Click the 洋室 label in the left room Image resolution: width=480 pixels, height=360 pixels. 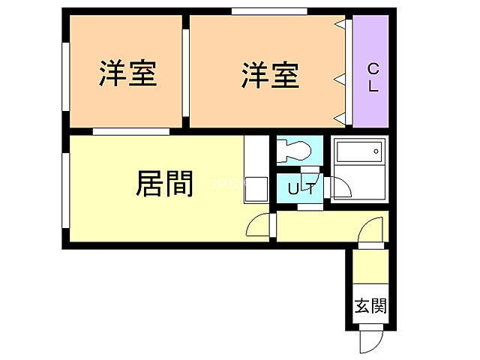[x=128, y=75]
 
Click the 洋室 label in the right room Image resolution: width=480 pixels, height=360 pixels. [x=270, y=75]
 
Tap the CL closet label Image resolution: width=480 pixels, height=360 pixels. [x=373, y=77]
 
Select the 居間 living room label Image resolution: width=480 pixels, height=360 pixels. [x=164, y=183]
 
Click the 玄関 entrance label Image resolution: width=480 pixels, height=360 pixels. [x=370, y=306]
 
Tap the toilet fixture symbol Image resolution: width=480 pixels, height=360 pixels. [x=295, y=150]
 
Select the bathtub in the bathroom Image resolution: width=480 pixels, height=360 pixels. [x=358, y=156]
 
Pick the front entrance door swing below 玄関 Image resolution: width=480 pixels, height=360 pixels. [x=371, y=340]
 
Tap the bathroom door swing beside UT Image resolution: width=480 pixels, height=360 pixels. [x=337, y=187]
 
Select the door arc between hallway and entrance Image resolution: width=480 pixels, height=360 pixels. [x=372, y=229]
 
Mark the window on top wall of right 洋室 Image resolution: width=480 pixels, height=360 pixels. [x=269, y=10]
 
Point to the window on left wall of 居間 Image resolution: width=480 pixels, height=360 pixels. [x=65, y=188]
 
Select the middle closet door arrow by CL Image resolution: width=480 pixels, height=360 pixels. [x=340, y=78]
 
